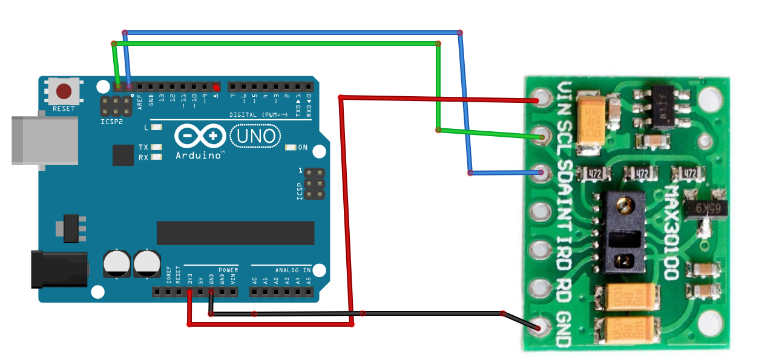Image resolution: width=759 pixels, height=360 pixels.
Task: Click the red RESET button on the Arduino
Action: (x=64, y=92)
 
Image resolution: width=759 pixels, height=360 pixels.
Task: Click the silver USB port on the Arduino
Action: (x=45, y=140)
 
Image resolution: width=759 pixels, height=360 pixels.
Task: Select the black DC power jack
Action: (x=59, y=269)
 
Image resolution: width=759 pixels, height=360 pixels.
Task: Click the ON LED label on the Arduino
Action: (x=303, y=147)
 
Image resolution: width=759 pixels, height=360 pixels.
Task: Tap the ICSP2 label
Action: (x=111, y=122)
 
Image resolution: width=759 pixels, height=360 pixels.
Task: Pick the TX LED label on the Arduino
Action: (x=143, y=147)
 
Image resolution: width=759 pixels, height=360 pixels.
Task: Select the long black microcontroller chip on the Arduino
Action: (x=235, y=233)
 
